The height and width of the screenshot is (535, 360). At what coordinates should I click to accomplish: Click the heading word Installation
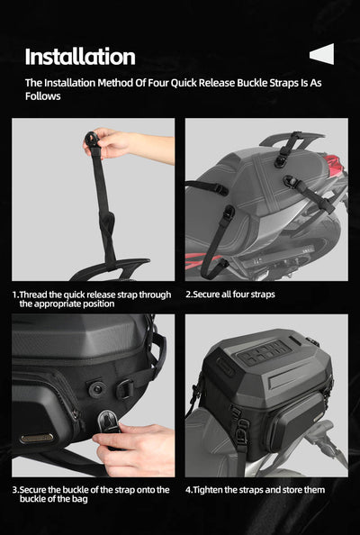coord(80,57)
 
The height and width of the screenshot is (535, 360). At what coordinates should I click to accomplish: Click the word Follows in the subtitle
coord(42,95)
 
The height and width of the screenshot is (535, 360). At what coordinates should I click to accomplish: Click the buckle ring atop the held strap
coord(92,138)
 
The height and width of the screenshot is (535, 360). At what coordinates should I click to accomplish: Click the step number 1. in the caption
coord(15,295)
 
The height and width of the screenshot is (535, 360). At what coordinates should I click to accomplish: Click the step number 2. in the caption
coord(189,295)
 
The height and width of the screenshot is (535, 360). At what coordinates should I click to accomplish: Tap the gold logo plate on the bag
coord(37,439)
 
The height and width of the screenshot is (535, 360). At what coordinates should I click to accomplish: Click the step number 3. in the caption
coord(15,490)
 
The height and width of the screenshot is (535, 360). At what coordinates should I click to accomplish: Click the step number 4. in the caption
coord(189,490)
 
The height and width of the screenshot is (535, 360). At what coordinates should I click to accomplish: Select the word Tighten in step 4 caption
coord(211,490)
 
